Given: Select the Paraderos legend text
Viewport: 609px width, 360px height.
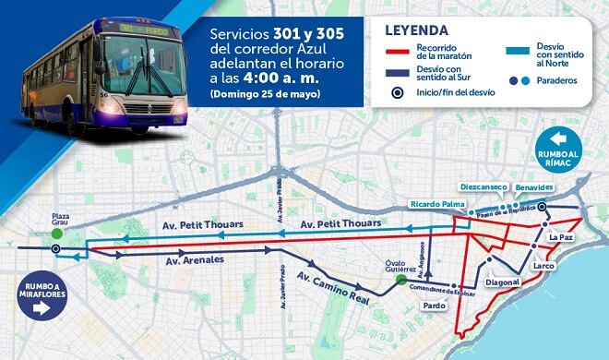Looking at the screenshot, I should pos(554,80).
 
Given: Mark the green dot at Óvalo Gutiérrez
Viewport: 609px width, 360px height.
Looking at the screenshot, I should pos(400,278).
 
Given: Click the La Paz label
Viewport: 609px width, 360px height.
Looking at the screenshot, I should pos(560,237).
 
